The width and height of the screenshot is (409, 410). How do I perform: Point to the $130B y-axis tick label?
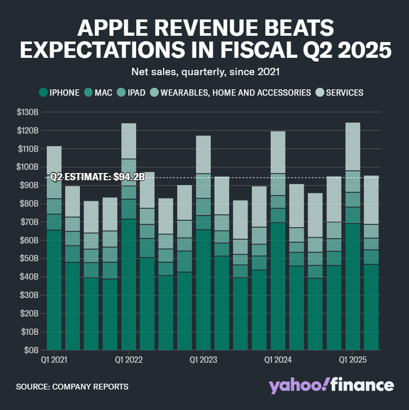(x=27, y=112)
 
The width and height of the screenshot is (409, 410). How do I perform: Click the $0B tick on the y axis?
(x=30, y=350)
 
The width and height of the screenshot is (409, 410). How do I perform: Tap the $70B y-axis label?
(x=28, y=222)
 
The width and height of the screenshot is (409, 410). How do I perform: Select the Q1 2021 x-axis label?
(x=54, y=360)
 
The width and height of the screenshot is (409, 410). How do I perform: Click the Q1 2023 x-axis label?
(x=203, y=360)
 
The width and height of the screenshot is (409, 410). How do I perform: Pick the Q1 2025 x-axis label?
(x=352, y=360)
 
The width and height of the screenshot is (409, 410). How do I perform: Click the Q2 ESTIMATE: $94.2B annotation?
(x=97, y=177)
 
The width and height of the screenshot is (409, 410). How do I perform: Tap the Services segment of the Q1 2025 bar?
(x=353, y=147)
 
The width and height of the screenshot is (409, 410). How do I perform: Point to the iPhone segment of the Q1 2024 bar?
(x=278, y=286)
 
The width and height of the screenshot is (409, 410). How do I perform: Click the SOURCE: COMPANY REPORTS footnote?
(x=72, y=386)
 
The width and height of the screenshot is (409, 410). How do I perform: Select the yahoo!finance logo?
(x=331, y=385)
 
